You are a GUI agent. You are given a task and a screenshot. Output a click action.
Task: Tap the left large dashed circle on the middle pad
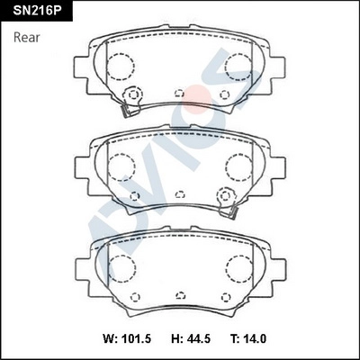(121, 166)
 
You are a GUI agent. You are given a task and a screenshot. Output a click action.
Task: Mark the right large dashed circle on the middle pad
(238, 166)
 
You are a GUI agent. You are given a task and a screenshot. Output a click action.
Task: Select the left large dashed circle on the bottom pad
(121, 267)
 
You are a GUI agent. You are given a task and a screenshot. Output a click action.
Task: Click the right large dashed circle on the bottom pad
(238, 267)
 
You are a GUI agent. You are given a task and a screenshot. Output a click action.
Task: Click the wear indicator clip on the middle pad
(230, 211)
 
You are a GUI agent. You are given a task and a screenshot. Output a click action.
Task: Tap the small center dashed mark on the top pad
(179, 93)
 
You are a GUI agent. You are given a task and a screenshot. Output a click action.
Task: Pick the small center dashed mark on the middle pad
(179, 193)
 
